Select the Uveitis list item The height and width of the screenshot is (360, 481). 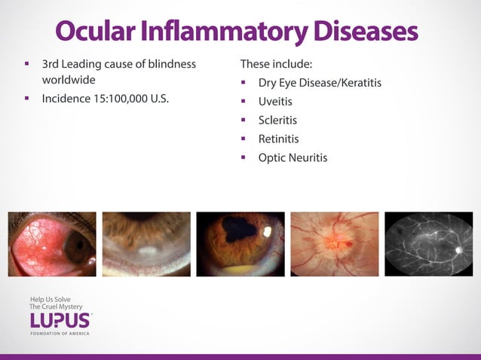click(275, 101)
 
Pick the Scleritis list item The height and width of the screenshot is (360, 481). click(277, 120)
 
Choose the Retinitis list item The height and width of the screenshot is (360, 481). click(278, 139)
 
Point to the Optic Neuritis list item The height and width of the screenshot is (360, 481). click(293, 157)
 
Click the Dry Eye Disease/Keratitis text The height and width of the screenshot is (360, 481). click(320, 82)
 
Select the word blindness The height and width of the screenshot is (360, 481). click(170, 63)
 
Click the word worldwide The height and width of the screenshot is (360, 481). click(69, 79)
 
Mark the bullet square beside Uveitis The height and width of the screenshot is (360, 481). click(244, 101)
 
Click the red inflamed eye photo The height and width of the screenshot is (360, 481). click(52, 243)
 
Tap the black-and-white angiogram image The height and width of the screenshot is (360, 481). click(428, 243)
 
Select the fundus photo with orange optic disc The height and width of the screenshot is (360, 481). click(334, 243)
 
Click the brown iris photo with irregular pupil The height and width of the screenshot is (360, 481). click(240, 243)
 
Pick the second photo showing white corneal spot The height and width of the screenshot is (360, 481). click(146, 243)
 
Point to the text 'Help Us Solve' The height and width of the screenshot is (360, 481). click(50, 299)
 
